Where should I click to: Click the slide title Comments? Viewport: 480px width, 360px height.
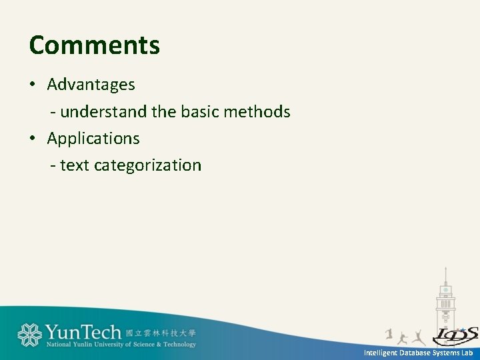[95, 45]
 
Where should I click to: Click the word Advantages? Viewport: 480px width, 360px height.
[91, 85]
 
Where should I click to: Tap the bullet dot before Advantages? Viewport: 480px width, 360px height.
[32, 85]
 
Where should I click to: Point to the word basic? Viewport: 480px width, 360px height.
[199, 112]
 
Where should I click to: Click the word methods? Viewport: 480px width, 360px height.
[257, 112]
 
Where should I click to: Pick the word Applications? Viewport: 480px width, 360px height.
[93, 139]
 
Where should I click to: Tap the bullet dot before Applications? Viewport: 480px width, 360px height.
[32, 139]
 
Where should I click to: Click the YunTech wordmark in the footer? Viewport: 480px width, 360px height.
[83, 331]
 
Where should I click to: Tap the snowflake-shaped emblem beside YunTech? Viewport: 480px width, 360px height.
[29, 335]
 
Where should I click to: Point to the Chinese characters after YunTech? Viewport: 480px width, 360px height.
[161, 333]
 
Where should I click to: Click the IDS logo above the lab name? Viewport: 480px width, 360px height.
[455, 335]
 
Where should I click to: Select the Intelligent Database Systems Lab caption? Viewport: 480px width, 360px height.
[418, 353]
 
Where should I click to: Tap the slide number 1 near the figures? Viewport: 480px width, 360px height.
[389, 333]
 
